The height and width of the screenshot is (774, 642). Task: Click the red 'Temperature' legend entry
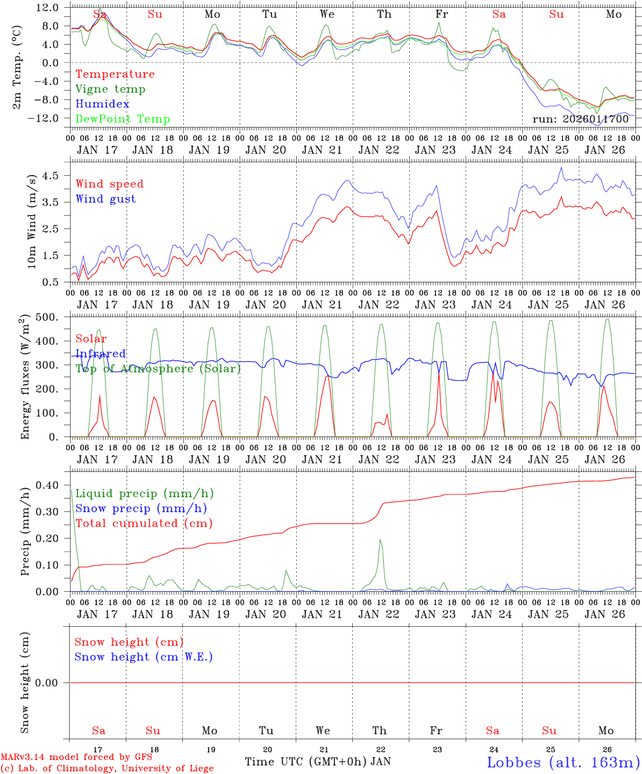click(115, 74)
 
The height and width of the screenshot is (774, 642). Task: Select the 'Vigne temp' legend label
click(110, 89)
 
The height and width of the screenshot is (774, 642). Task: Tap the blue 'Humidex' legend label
click(103, 104)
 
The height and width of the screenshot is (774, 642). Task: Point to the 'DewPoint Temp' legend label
click(123, 119)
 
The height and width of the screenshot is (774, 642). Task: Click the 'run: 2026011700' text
click(580, 119)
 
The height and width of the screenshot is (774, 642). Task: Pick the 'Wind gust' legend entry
click(105, 199)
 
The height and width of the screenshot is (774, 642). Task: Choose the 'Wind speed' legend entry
click(110, 184)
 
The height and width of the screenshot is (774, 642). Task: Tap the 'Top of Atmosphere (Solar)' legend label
click(158, 369)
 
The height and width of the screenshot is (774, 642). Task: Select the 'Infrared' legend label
click(101, 354)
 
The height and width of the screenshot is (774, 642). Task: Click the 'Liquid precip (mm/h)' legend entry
click(144, 493)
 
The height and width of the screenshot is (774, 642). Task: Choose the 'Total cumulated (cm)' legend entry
click(144, 524)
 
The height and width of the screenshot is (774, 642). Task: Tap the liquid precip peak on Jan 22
click(380, 540)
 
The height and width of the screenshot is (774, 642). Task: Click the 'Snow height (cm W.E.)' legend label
click(144, 657)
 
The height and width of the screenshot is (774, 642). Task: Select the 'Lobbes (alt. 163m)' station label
click(563, 762)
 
